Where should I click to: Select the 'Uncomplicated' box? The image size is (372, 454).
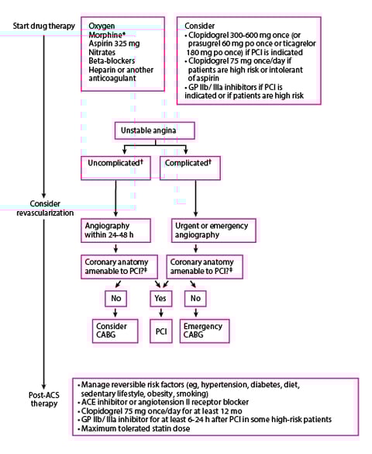click(x=115, y=165)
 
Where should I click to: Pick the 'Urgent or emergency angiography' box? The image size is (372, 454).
click(x=203, y=230)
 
